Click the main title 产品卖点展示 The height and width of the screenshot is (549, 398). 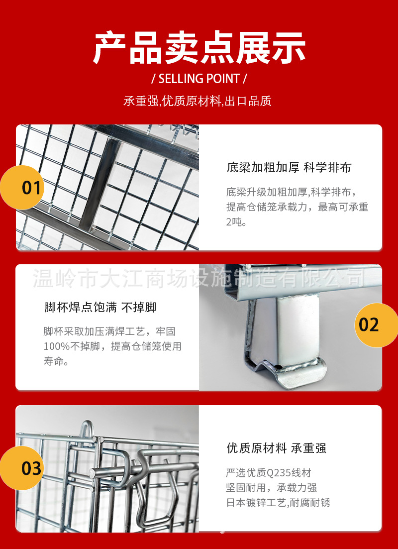199,48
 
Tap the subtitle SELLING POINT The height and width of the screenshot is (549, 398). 199,79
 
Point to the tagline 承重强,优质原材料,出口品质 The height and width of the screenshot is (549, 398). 198,101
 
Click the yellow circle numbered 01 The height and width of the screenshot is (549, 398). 22,188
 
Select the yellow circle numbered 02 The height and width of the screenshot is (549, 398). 377,325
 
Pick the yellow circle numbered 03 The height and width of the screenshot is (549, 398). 22,468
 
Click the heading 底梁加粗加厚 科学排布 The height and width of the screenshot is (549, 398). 289,168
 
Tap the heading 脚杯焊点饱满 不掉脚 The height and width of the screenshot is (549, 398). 100,308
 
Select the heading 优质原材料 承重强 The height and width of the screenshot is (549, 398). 276,448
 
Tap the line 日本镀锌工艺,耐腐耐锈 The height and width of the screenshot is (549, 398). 278,503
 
